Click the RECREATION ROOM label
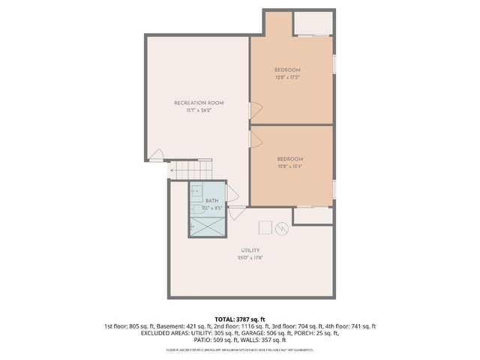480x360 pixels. coord(199,103)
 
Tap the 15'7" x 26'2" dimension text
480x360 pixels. coord(199,111)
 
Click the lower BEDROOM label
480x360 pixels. coord(290,158)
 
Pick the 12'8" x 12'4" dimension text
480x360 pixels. coord(290,166)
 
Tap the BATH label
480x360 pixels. coord(211,201)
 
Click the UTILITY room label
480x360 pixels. coord(250,250)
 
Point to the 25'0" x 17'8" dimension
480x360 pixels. coord(250,258)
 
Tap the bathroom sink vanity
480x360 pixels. coord(196,192)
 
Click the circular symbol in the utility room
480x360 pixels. coord(283,227)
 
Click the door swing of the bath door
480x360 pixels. coord(234,212)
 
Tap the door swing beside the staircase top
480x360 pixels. coord(157,156)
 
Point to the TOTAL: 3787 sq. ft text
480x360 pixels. coord(240,319)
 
